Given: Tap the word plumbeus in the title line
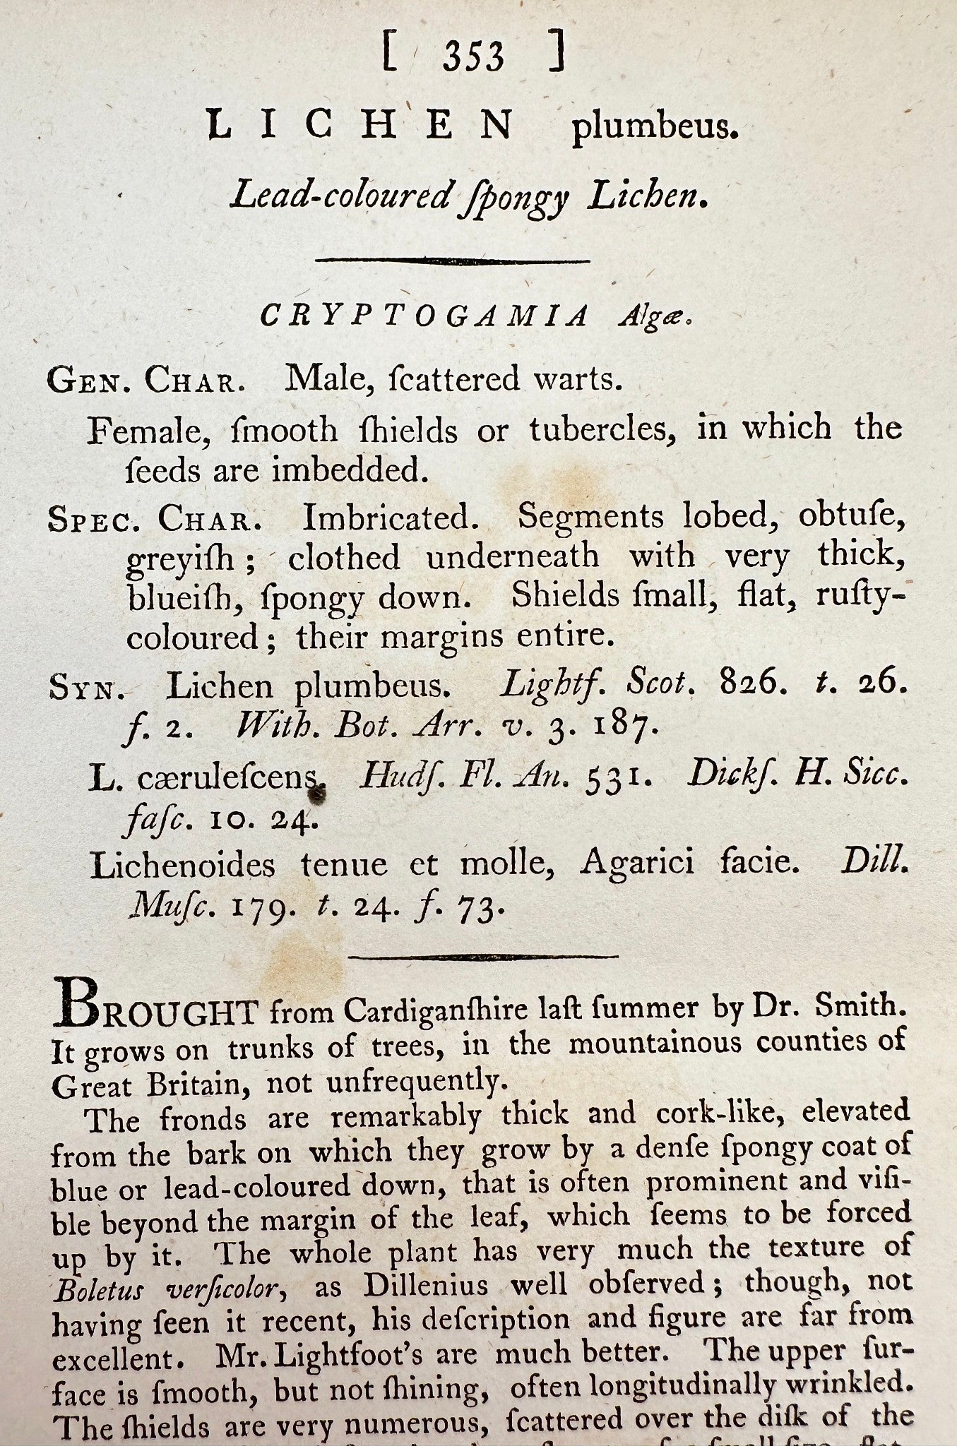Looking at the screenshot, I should tap(654, 129).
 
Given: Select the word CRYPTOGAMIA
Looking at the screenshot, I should tap(424, 316).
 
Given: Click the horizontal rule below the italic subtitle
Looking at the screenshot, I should tap(452, 261).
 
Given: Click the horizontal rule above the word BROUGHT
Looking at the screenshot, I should tap(484, 957).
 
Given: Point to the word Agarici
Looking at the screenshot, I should tap(636, 864).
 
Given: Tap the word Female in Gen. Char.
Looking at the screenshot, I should tap(148, 431).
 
